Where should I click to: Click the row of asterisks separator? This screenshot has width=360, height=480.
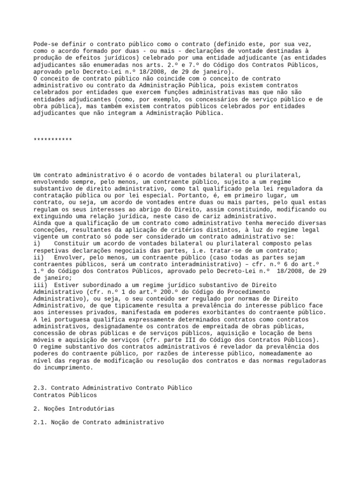(x=53, y=140)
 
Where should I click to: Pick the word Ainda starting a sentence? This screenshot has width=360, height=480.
(x=42, y=223)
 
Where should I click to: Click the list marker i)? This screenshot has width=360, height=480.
(x=37, y=244)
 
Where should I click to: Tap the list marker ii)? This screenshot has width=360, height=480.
(x=38, y=257)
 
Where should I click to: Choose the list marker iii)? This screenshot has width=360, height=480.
(x=40, y=285)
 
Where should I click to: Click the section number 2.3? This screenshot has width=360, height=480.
(x=40, y=389)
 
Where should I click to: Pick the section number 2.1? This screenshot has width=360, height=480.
(x=40, y=423)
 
